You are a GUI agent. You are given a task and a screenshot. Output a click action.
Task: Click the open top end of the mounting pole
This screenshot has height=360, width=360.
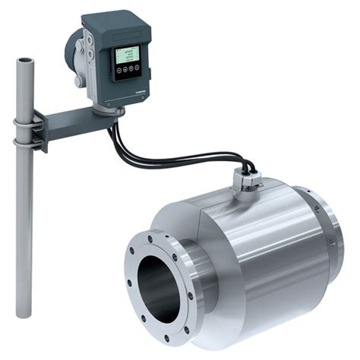(26, 58)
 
